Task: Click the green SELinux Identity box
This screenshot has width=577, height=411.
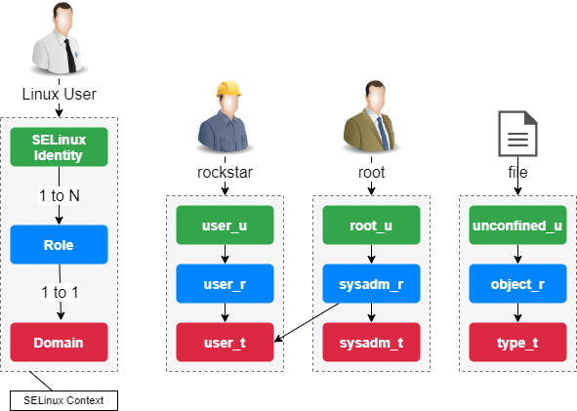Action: (59, 147)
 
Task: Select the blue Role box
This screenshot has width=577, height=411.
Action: (59, 245)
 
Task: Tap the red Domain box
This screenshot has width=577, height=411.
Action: (59, 343)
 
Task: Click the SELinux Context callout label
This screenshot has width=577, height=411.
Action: (63, 400)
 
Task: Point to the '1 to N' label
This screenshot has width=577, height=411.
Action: (60, 195)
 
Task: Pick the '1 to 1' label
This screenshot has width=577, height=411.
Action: (60, 293)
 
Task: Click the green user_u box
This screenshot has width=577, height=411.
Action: (225, 226)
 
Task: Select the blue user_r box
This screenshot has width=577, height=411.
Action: (225, 284)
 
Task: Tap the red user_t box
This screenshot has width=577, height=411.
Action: (225, 343)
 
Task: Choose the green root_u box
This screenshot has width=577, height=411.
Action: (371, 226)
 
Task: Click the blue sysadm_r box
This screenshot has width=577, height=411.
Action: (371, 284)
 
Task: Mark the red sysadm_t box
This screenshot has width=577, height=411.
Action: (371, 343)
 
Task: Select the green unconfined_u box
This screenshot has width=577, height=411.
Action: (517, 226)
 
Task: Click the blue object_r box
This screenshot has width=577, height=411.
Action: (517, 284)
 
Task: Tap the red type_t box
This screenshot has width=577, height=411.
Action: (517, 343)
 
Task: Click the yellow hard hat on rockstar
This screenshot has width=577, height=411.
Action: (228, 89)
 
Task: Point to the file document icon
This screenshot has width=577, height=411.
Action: (517, 134)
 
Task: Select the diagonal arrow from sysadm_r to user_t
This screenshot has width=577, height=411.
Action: (307, 322)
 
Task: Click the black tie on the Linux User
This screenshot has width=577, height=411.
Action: (70, 56)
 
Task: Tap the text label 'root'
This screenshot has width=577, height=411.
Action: (371, 172)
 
